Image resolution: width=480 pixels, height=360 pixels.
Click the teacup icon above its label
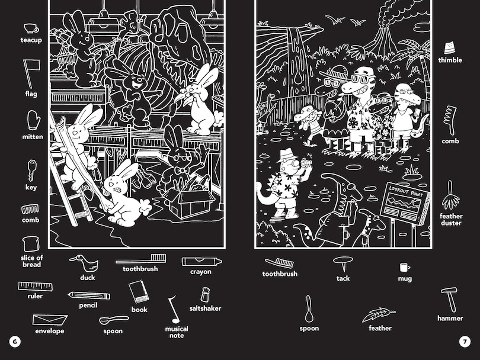[31, 28]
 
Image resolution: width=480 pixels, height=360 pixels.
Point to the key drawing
[31, 171]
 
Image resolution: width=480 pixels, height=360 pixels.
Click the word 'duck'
[87, 278]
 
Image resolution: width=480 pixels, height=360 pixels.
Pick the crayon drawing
[201, 261]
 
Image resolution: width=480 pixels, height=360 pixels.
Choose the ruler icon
[35, 287]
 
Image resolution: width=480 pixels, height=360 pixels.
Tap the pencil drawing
[88, 295]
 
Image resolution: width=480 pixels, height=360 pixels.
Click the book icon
[139, 292]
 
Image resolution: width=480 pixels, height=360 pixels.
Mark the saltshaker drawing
[205, 294]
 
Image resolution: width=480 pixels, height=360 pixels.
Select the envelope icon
[49, 320]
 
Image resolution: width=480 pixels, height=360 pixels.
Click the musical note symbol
[173, 310]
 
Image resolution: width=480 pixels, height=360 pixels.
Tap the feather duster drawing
[450, 195]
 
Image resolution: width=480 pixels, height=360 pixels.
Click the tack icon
[343, 263]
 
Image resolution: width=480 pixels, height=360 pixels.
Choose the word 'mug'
[405, 278]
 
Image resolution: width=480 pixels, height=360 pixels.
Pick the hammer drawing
[449, 298]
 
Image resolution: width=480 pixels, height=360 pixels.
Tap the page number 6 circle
[14, 342]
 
